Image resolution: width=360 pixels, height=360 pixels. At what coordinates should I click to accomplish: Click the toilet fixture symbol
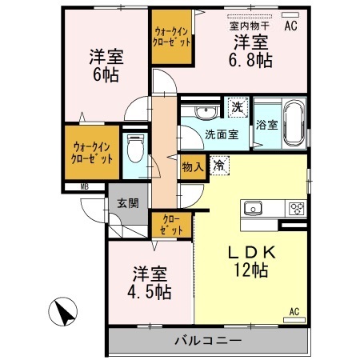135,149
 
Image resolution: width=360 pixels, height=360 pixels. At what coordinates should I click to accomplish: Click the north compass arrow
65,310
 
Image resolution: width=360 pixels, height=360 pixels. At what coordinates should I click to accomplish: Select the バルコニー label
207,342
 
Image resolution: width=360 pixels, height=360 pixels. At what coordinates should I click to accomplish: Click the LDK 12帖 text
250,260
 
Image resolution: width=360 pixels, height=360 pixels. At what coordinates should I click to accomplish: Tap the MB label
83,189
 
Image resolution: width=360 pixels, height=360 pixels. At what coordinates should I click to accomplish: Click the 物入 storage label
191,167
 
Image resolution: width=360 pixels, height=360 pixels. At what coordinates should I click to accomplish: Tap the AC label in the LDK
293,311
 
